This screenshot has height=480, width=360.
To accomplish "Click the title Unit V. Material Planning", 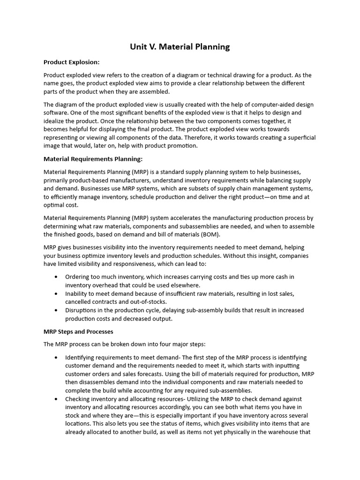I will point(180,47).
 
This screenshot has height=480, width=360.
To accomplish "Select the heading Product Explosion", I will point(71,62).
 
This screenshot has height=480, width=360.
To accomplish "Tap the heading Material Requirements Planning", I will point(93,159).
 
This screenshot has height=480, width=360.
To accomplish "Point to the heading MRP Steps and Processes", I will point(78,331).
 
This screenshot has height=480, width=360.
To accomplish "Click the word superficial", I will point(298,137).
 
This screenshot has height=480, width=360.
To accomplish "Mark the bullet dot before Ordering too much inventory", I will point(57,277).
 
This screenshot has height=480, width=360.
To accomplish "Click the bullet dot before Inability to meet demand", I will point(57,293).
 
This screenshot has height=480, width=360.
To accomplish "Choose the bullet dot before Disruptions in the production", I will point(57,310).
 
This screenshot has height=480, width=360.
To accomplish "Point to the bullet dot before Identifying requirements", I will point(57,357).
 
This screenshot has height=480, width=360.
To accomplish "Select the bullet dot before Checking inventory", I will point(57,398).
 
